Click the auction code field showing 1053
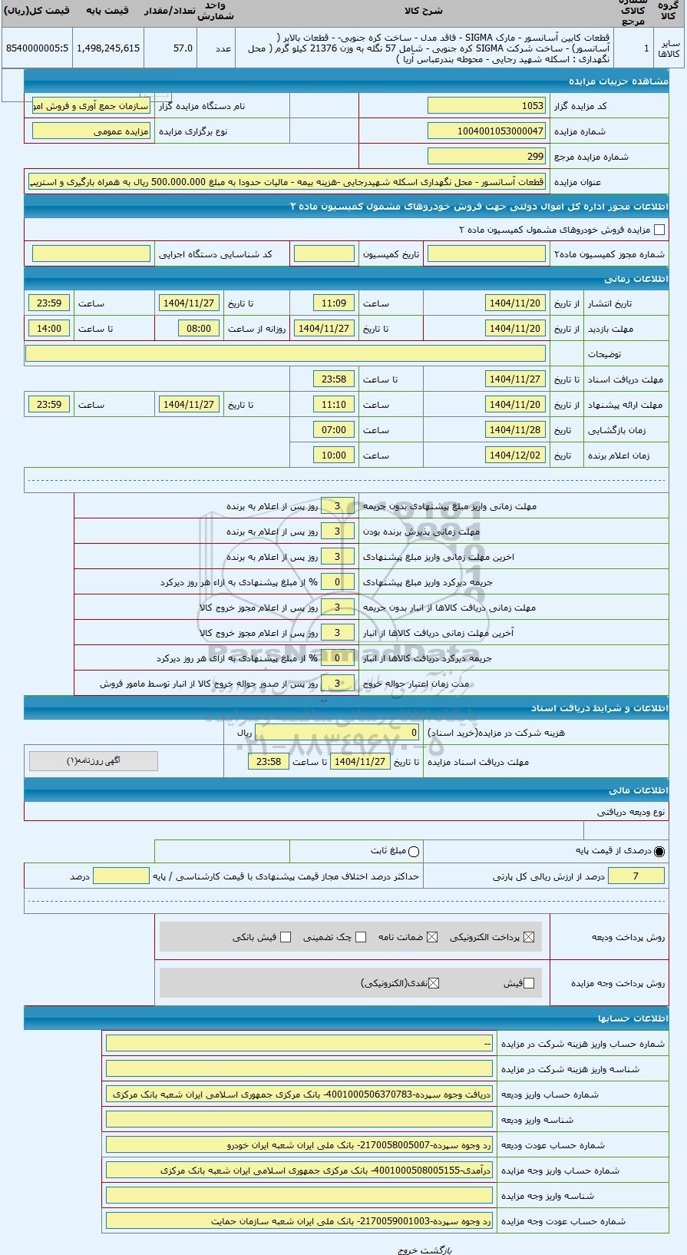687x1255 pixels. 486,106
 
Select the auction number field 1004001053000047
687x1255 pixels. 486,131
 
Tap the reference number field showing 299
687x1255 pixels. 486,157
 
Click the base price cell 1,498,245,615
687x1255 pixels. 108,48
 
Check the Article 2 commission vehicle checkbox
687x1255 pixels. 659,230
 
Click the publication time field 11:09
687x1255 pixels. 334,303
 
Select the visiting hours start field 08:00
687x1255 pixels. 198,329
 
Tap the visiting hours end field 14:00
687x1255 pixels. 49,329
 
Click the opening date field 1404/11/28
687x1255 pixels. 515,430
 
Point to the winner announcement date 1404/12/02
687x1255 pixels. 515,455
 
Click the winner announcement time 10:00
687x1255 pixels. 334,455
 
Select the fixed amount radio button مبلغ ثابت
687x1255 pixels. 415,851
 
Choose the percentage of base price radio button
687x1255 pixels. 659,851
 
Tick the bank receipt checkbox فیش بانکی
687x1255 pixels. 286,937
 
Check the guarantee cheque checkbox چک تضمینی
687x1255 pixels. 361,937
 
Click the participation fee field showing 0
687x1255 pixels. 338,733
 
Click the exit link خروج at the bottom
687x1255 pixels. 407,1250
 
